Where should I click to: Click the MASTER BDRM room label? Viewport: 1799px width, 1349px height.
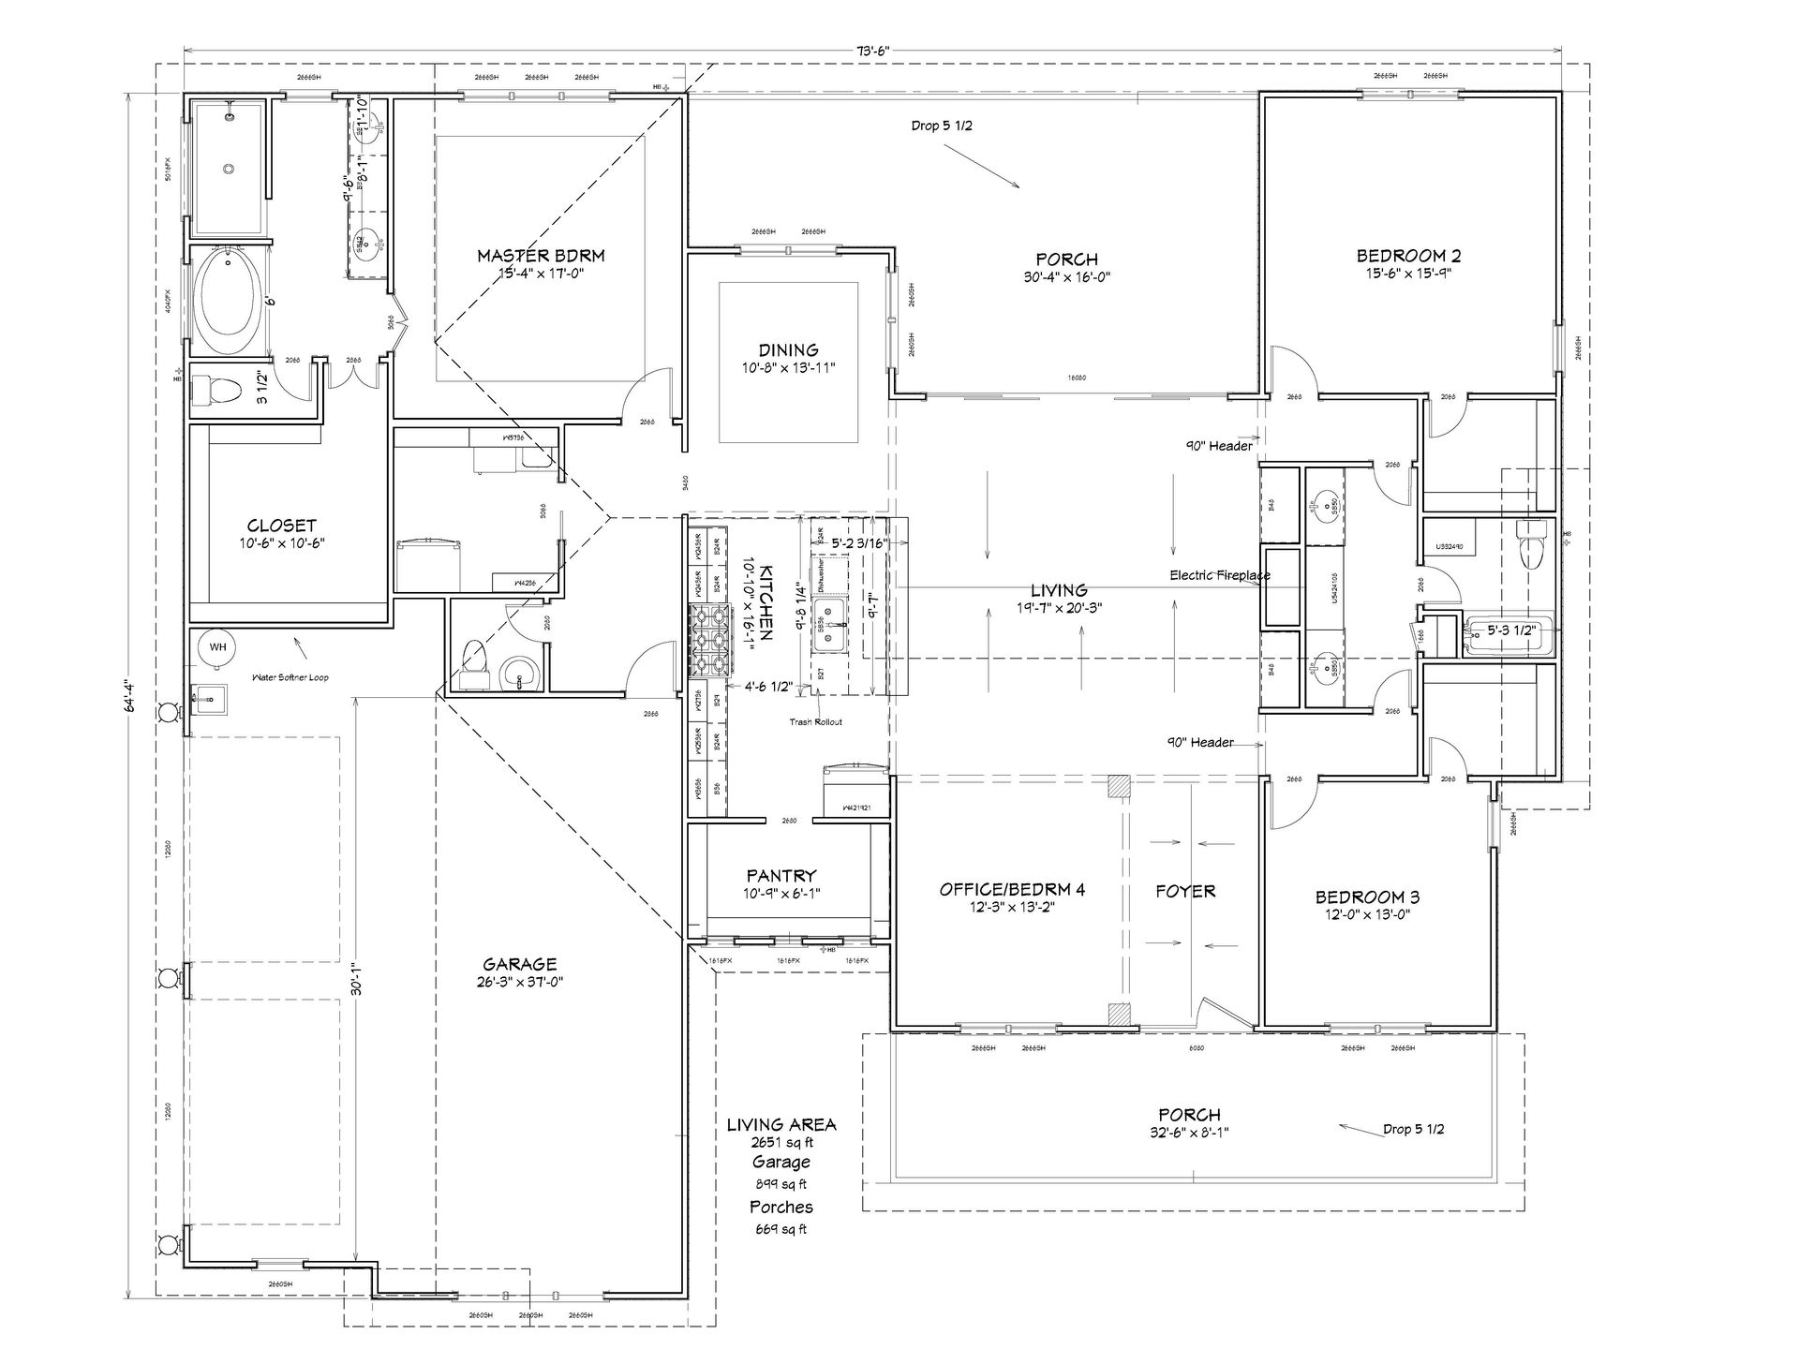(x=541, y=255)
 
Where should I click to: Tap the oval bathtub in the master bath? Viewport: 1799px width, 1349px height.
(x=228, y=302)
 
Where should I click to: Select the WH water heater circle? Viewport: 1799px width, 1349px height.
(x=217, y=646)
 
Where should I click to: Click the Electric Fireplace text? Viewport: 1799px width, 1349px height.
(x=1219, y=575)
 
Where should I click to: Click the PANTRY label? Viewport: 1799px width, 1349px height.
(x=781, y=876)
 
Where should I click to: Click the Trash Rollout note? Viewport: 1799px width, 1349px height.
(x=816, y=721)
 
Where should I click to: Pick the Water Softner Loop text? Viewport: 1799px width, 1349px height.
(x=290, y=677)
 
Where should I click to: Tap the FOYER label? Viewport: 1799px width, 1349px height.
(x=1185, y=891)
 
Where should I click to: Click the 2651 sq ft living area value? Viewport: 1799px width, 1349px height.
(x=781, y=1142)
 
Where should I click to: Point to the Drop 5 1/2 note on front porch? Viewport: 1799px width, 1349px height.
(x=1413, y=1129)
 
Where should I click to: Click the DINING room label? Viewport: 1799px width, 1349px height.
(x=788, y=350)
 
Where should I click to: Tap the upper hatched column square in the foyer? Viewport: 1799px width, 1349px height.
(x=1119, y=786)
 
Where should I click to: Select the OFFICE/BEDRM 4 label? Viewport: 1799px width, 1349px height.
(x=1012, y=889)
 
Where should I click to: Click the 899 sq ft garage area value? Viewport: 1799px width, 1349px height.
(x=781, y=1184)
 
